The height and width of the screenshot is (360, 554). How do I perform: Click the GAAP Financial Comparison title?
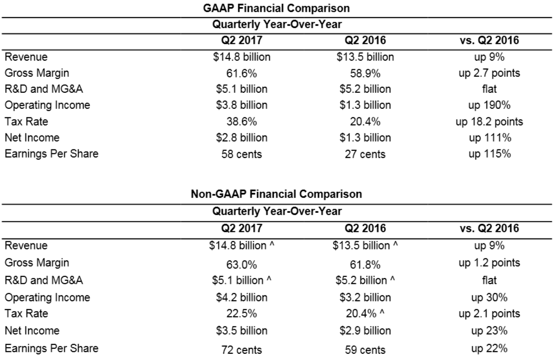point(276,8)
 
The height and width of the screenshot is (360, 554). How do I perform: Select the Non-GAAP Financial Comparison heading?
point(276,194)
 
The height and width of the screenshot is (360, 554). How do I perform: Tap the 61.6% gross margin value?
point(242,73)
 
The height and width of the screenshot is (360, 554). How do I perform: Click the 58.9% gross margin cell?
point(365,73)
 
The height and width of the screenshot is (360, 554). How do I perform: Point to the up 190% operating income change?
point(489,105)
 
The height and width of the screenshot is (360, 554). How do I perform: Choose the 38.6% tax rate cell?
point(242,122)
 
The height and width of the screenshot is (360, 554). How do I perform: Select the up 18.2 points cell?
point(489,122)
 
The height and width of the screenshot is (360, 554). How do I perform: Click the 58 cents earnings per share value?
point(242,154)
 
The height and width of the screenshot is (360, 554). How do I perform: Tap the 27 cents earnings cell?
point(365,154)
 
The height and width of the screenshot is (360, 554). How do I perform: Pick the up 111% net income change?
point(490,138)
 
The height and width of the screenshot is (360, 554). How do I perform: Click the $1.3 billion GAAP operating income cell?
point(365,105)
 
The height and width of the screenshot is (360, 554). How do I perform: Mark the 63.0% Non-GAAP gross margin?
point(242,265)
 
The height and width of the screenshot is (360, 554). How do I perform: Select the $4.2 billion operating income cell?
point(242,298)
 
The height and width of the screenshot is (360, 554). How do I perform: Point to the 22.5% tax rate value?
point(242,314)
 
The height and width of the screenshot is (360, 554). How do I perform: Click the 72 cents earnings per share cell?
point(242,349)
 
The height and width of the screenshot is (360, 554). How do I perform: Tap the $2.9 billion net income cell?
point(365,331)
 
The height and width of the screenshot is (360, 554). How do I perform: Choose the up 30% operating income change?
point(489,298)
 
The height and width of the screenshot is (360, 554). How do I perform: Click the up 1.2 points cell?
point(489,263)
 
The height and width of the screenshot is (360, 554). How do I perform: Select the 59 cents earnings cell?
point(365,349)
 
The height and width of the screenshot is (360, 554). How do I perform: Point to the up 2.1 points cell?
point(489,314)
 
